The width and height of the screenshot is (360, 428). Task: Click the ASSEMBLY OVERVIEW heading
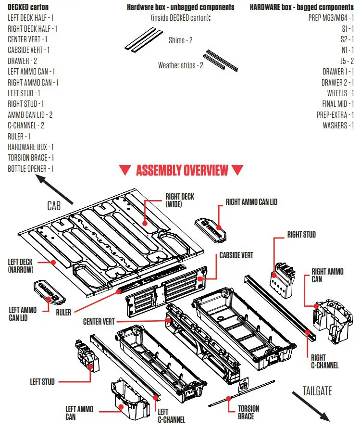182,170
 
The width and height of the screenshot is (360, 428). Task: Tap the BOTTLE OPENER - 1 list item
30,169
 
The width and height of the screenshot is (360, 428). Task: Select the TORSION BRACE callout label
248,412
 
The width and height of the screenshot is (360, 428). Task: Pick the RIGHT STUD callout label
301,235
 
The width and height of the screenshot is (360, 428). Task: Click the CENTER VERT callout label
99,321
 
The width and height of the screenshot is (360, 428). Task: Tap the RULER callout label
63,312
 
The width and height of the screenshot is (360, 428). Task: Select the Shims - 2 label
180,40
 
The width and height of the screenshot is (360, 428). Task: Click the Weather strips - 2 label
180,65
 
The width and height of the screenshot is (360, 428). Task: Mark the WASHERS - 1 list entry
338,126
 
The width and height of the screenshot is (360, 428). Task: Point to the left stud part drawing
87,356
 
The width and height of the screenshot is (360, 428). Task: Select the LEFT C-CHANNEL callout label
171,416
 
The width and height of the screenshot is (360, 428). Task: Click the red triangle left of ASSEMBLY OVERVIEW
125,170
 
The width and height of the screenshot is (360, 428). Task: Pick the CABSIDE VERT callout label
236,255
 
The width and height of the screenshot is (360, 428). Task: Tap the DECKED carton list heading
28,7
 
